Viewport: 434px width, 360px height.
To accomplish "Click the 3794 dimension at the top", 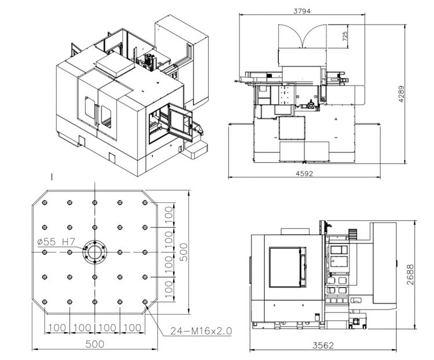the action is point(302,11).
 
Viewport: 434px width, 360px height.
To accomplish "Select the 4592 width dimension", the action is point(304,174).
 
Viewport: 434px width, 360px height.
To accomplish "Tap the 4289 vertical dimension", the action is point(401,94).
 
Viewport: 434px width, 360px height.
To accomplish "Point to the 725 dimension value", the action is point(345,37).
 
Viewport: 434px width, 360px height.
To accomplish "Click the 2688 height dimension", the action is point(410,274).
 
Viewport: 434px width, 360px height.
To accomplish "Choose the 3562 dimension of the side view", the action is point(323,346).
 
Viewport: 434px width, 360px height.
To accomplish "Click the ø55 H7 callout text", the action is point(56,242).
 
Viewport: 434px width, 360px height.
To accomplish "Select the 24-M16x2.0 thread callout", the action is point(201,330).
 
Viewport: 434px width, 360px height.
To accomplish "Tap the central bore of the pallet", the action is point(94,252).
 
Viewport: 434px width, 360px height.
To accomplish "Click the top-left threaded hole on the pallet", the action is point(45,203).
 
